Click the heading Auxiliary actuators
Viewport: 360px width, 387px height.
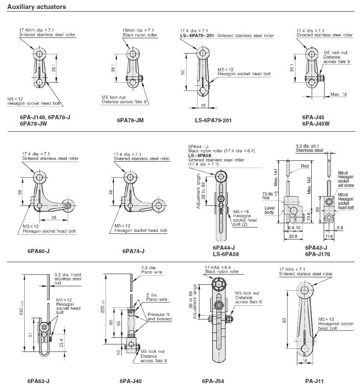click(37, 7)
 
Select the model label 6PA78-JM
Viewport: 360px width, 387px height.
click(130, 121)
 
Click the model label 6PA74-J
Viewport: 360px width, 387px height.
click(133, 251)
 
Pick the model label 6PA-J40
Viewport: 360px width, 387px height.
click(130, 381)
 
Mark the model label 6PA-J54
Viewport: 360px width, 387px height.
click(212, 381)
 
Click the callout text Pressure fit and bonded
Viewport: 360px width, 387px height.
click(159, 316)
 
